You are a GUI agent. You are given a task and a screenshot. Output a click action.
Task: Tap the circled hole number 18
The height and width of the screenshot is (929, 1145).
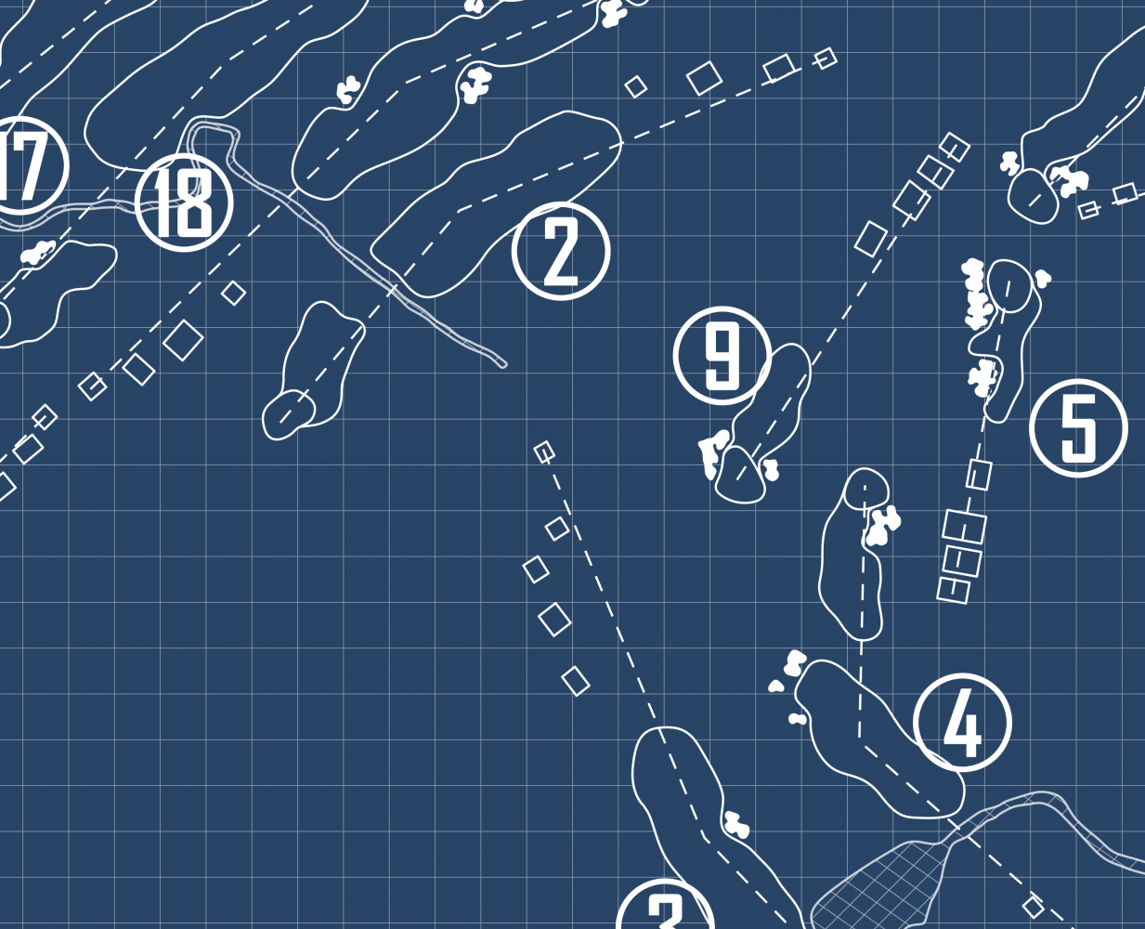pyautogui.click(x=184, y=203)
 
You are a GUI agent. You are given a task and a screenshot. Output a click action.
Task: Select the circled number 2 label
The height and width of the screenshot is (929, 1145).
pyautogui.click(x=561, y=251)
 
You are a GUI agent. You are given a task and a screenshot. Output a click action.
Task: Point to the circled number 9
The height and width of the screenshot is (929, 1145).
pyautogui.click(x=722, y=356)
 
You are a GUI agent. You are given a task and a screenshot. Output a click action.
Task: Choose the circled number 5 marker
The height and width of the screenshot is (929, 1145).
pyautogui.click(x=1078, y=428)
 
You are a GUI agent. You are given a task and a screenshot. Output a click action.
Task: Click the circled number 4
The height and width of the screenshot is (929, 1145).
pyautogui.click(x=962, y=723)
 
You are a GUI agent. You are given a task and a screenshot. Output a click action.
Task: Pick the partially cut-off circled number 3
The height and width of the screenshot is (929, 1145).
pyautogui.click(x=665, y=909)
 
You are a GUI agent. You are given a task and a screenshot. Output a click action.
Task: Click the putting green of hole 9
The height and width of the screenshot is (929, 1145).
pyautogui.click(x=740, y=475)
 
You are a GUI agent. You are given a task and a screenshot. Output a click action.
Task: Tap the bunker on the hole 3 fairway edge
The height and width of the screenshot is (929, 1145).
pyautogui.click(x=736, y=824)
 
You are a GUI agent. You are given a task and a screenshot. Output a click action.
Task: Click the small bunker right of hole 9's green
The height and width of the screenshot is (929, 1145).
pyautogui.click(x=770, y=470)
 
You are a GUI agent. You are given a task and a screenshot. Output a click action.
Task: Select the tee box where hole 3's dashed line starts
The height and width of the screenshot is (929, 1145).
pyautogui.click(x=544, y=452)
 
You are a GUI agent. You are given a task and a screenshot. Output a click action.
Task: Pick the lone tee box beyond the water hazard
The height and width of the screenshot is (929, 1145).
pyautogui.click(x=1033, y=906)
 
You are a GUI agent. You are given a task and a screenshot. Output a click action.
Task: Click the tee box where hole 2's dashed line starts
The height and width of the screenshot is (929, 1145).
pyautogui.click(x=825, y=59)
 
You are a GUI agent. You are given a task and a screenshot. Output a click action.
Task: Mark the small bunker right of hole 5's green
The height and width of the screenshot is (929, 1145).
pyautogui.click(x=1043, y=277)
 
